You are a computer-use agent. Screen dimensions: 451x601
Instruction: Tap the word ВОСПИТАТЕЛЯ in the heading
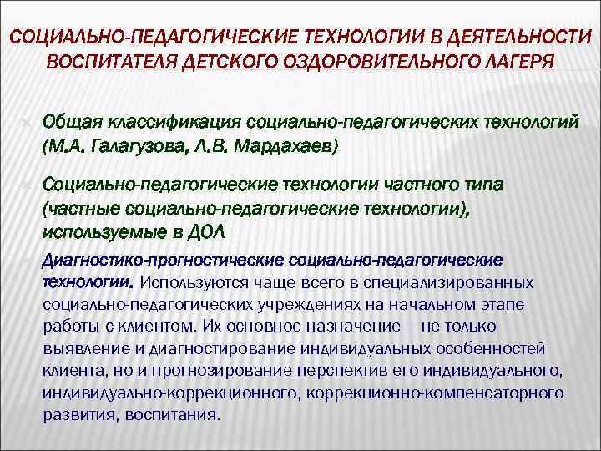tap(114, 63)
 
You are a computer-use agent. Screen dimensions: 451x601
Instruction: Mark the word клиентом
tap(158, 325)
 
